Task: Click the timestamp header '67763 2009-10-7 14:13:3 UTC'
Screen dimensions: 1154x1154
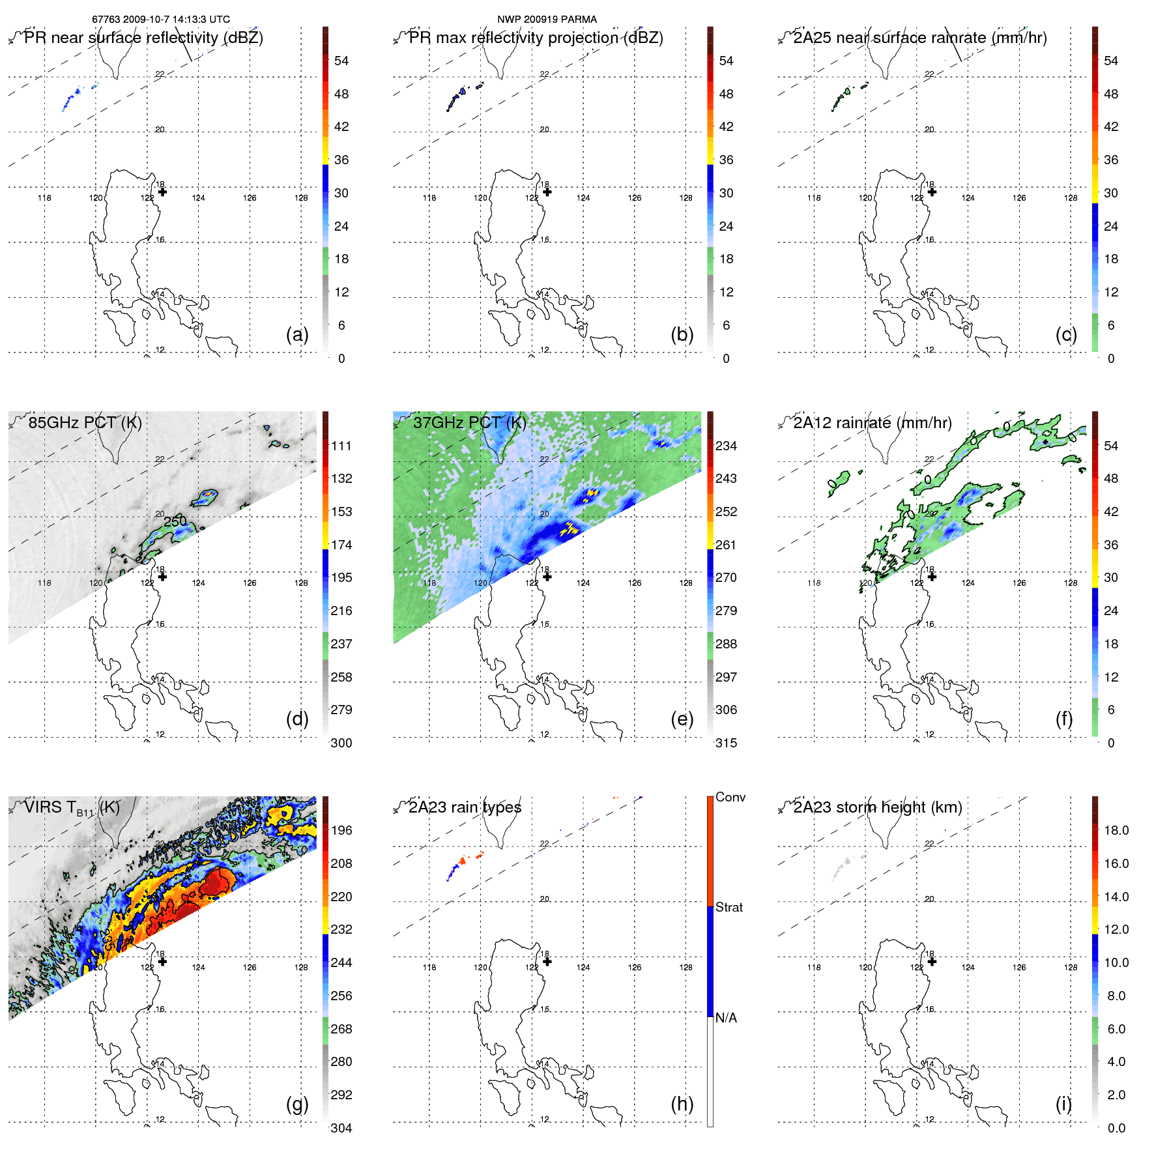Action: tap(161, 20)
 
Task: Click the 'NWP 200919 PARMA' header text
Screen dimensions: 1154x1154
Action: tap(547, 20)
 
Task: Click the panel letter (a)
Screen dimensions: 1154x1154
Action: tap(297, 334)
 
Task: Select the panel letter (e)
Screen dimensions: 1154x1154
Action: tap(682, 719)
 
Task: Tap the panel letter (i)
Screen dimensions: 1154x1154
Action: tap(1063, 1104)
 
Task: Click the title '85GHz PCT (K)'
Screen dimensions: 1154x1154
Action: tap(85, 422)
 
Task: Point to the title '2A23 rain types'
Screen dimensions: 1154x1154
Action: tap(465, 807)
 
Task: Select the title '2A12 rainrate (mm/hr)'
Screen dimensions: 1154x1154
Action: tap(872, 422)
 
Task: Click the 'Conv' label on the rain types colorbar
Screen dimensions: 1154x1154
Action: tap(730, 797)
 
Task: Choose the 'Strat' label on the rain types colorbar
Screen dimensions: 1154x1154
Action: tap(729, 907)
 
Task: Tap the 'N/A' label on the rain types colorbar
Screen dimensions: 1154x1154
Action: tap(726, 1018)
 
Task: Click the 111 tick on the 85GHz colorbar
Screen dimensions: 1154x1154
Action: tap(341, 446)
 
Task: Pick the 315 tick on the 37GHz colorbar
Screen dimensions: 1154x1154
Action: tap(726, 743)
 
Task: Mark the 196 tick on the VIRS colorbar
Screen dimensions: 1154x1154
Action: tap(341, 830)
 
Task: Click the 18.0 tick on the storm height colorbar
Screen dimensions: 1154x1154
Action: tap(1116, 830)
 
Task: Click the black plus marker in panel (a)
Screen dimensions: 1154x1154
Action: tap(162, 192)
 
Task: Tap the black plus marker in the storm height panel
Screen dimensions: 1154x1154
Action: tap(932, 961)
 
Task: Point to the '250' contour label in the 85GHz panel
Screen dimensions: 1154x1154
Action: tap(175, 521)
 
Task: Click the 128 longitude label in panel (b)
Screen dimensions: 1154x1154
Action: tap(685, 197)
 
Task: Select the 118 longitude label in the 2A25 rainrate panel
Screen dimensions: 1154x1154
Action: tap(814, 197)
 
